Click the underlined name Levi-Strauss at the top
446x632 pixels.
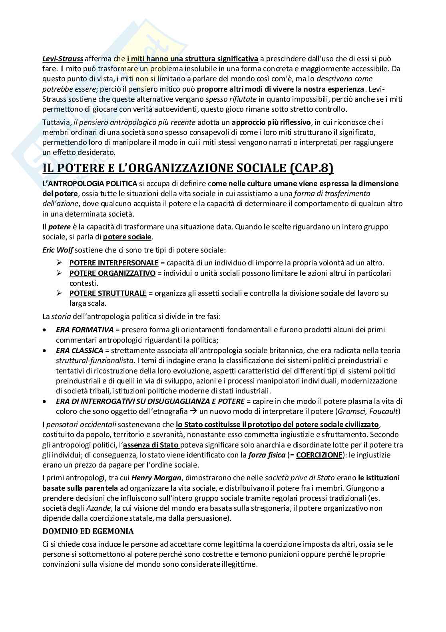(x=63, y=59)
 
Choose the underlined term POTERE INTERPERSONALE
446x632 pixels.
(x=114, y=263)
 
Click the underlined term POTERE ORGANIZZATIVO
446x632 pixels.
(x=112, y=273)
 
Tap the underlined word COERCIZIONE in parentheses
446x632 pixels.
(x=319, y=455)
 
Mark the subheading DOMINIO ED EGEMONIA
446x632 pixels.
(x=88, y=532)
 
